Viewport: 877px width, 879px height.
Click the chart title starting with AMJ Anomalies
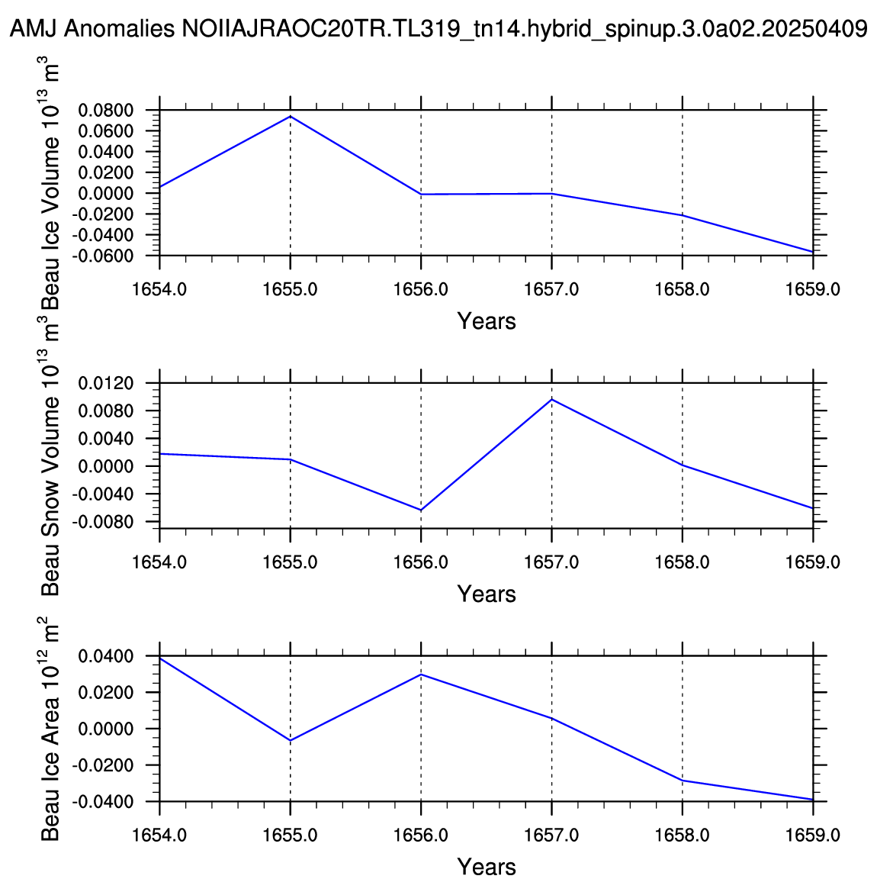(x=438, y=28)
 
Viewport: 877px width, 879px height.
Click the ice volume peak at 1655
(x=291, y=116)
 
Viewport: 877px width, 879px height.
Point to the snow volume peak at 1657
(x=552, y=399)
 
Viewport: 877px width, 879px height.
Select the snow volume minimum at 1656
(x=421, y=510)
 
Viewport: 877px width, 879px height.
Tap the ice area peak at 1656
(x=421, y=675)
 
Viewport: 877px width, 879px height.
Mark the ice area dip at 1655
(x=291, y=741)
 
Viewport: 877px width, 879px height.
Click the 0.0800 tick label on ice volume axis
(x=106, y=111)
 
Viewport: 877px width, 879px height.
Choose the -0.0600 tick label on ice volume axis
(x=102, y=256)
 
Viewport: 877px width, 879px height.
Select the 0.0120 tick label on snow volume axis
(x=106, y=384)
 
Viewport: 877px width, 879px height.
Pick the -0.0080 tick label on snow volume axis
(x=102, y=522)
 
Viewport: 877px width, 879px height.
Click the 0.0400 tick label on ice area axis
(x=106, y=656)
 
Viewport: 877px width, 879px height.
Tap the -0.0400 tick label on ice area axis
(x=102, y=802)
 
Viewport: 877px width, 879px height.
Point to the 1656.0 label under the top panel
(x=421, y=289)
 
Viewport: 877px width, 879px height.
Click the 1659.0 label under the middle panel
(x=812, y=562)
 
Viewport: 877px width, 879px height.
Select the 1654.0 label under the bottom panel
(x=159, y=836)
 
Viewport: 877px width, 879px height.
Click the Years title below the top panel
(x=487, y=321)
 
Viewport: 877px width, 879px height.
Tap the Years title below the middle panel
(x=487, y=594)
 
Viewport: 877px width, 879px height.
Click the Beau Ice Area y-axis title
(x=50, y=729)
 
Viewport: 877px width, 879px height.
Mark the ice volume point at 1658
(x=683, y=215)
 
